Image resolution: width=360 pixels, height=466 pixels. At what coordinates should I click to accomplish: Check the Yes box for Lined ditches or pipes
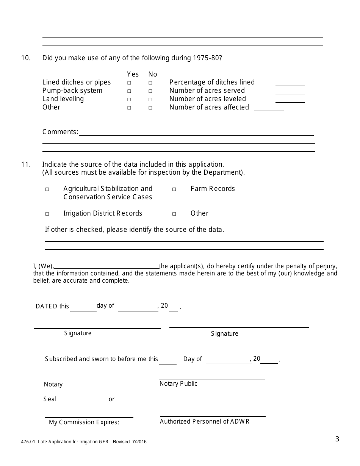[129, 83]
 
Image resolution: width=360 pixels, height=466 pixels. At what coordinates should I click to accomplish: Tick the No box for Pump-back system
[150, 91]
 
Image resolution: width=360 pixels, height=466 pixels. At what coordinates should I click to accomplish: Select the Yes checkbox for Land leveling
[129, 99]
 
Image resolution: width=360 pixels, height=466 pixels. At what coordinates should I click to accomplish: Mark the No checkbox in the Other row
[150, 108]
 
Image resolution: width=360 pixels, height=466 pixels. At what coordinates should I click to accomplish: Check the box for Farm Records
[174, 189]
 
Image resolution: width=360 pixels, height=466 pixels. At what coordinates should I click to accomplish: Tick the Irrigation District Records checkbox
[47, 214]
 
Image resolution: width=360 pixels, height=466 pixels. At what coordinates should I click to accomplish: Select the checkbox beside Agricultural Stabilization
[47, 189]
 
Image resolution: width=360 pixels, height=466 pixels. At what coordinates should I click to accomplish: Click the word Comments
[60, 132]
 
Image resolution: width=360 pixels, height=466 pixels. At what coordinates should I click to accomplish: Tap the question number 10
[26, 58]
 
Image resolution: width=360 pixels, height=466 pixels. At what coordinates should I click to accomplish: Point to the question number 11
[26, 164]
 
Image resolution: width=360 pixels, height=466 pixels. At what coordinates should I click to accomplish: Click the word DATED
[47, 306]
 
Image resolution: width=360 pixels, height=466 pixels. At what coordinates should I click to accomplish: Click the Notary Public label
[178, 383]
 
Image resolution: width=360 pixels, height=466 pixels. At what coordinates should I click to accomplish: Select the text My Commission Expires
[84, 422]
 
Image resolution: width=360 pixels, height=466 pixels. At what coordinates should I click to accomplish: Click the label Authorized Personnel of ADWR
[205, 421]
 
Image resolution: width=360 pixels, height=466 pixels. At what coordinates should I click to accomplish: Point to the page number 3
[337, 439]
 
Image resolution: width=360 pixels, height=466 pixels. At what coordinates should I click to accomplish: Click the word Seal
[50, 399]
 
